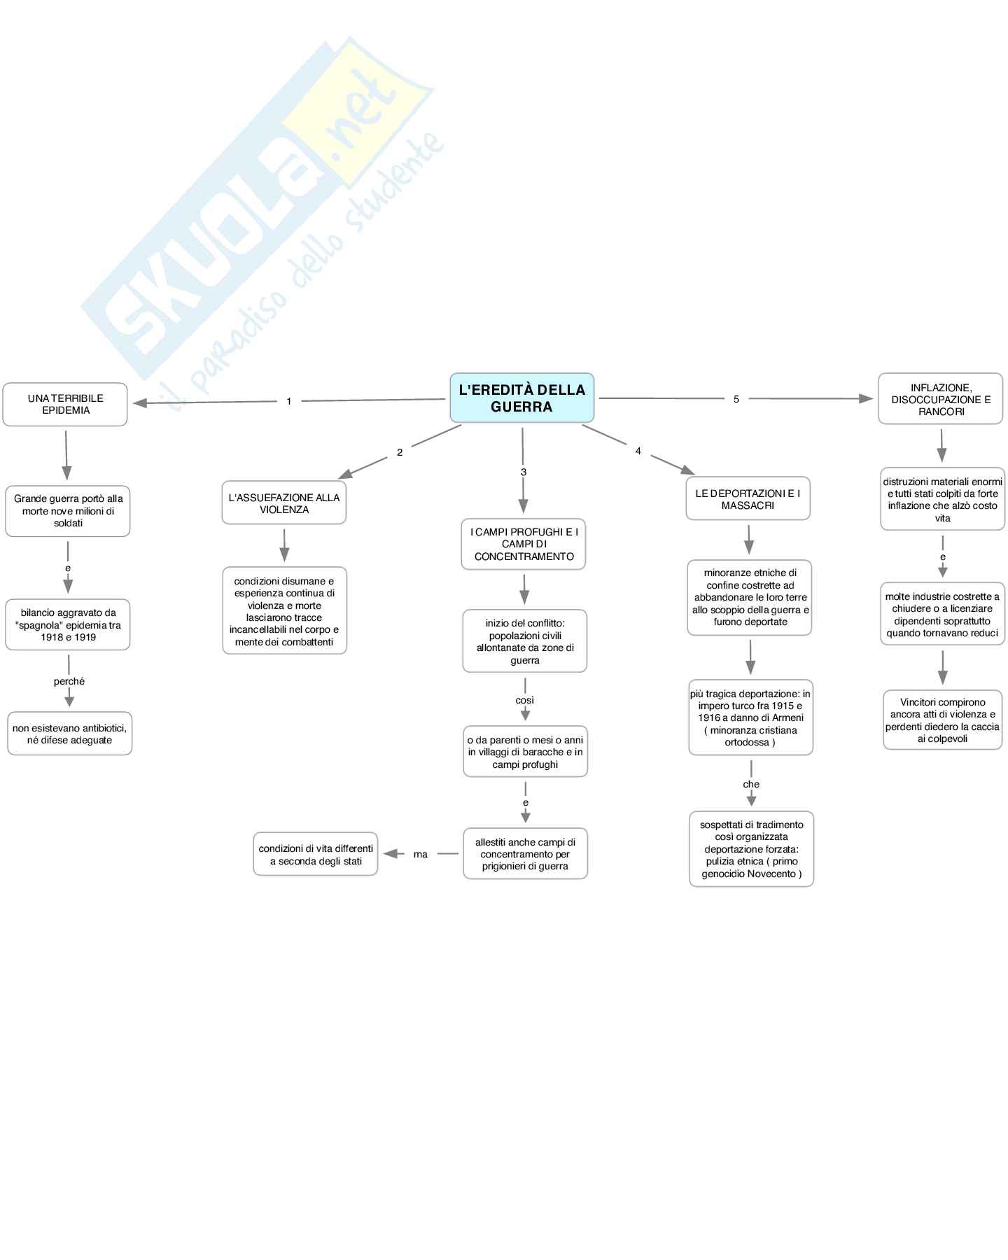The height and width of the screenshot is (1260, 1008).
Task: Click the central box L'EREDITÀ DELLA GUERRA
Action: [521, 398]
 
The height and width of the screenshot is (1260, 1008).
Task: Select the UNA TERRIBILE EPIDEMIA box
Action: [65, 405]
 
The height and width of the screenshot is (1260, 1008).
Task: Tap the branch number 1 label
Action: [288, 401]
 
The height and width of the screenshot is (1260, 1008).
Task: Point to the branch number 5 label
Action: [736, 399]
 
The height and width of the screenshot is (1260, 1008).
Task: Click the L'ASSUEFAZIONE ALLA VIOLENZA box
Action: [283, 503]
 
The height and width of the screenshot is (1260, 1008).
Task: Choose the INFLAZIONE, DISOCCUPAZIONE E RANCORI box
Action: [941, 399]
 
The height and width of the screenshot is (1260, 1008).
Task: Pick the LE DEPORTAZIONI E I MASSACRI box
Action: [748, 499]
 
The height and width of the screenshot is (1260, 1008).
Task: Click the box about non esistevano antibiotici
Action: [69, 734]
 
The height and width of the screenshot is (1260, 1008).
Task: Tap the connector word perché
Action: [69, 681]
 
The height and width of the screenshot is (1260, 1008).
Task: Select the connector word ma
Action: [420, 854]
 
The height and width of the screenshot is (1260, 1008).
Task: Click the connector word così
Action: [524, 700]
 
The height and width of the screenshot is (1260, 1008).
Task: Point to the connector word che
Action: [751, 784]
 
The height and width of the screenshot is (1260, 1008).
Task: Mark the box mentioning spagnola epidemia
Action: [68, 625]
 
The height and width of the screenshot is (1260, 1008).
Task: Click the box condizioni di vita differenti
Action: [316, 855]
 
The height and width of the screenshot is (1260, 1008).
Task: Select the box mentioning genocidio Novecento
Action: [751, 849]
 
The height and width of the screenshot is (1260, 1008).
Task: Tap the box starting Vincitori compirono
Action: [942, 720]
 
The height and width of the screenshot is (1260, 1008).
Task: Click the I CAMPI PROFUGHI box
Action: [524, 545]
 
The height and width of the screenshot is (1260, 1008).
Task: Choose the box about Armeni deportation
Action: [750, 717]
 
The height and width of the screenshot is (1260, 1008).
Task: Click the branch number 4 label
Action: [638, 451]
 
